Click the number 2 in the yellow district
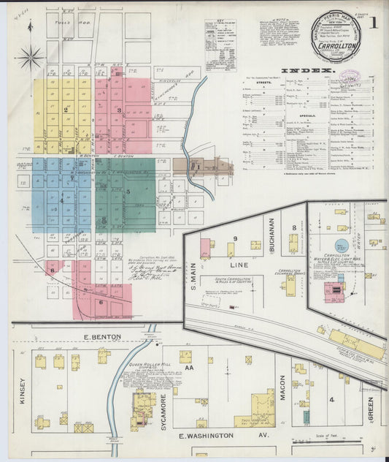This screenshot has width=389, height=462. click(x=66, y=110)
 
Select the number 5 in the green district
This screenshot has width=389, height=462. click(x=128, y=192)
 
